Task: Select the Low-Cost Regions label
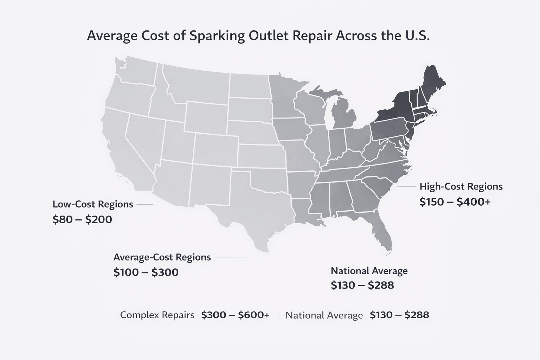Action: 93,204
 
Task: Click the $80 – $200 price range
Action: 82,220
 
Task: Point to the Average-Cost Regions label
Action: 162,257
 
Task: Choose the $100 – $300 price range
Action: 146,272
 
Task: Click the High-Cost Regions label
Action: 461,186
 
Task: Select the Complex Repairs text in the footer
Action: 157,315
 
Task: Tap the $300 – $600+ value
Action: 235,315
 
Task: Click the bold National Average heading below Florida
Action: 369,271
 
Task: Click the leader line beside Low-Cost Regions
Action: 144,204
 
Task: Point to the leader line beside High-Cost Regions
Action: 407,187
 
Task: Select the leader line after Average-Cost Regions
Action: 232,258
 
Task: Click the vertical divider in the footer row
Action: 278,315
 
